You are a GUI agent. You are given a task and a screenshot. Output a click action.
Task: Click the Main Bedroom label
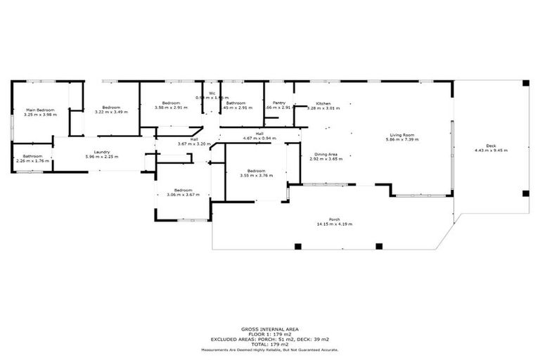click(40, 110)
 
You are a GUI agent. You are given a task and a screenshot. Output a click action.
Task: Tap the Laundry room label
click(101, 153)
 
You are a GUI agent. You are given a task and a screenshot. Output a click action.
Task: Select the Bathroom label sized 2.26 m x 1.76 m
click(32, 156)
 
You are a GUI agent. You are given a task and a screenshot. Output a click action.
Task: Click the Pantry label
click(279, 103)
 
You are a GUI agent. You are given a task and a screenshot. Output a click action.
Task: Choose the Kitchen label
click(323, 103)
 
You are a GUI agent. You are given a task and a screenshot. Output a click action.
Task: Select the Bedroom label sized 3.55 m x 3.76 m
click(256, 171)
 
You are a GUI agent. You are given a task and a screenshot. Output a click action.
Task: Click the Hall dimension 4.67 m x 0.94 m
click(259, 139)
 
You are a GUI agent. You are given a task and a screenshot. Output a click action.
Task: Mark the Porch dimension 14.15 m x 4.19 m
click(335, 224)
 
